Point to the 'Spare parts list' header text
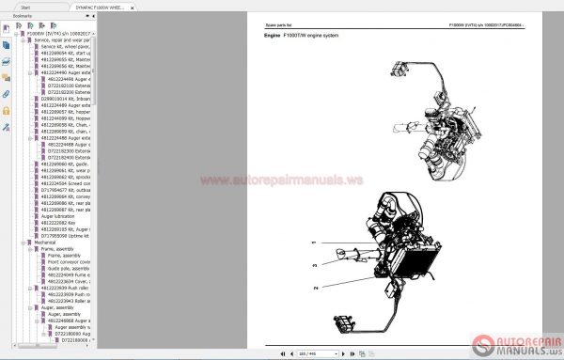(282, 24)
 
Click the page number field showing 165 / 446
(306, 354)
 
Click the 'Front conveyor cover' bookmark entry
(64, 260)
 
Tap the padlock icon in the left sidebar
(7, 110)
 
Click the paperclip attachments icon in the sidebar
(7, 95)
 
